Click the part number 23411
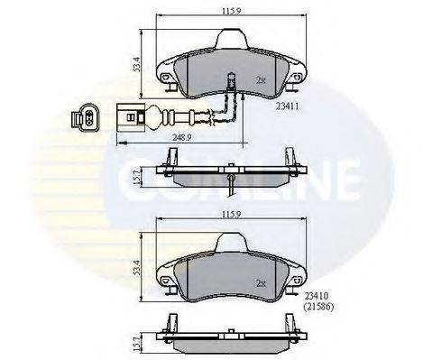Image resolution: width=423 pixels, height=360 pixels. pos(288,106)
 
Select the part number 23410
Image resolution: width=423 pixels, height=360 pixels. pos(316,296)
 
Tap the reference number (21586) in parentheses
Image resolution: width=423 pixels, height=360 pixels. pos(318,307)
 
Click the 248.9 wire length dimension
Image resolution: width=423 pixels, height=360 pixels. pos(182,137)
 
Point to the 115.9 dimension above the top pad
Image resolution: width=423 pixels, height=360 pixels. pos(232,11)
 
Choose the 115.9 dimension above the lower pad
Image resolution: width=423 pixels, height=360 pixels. pos(232,214)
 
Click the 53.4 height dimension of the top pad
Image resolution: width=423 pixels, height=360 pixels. pos(137,64)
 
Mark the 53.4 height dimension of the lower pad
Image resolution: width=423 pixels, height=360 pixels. pos(137,268)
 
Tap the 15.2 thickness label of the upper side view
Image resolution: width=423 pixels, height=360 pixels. pos(136,177)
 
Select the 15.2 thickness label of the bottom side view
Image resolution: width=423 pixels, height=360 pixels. pos(136,344)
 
